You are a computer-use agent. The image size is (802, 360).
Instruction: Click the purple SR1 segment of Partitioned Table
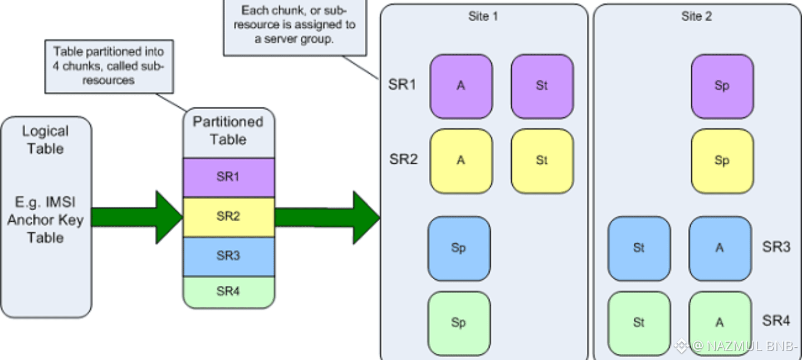(x=228, y=177)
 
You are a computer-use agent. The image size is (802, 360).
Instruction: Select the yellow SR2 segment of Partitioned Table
(x=228, y=217)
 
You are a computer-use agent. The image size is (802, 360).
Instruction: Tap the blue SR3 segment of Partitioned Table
(x=228, y=256)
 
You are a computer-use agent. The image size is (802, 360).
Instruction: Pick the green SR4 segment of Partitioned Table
(x=228, y=291)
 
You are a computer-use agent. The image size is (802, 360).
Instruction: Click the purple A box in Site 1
(x=461, y=86)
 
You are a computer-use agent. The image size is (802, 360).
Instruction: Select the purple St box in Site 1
(x=542, y=86)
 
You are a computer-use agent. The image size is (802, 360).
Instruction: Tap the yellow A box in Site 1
(x=461, y=160)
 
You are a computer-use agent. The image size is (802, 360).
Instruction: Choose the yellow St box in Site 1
(x=542, y=160)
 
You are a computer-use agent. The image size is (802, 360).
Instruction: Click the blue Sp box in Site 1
(x=459, y=248)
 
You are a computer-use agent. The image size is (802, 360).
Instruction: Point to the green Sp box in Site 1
(x=459, y=323)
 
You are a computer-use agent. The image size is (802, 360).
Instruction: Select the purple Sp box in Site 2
(x=722, y=86)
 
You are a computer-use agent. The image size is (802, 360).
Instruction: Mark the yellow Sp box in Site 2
(x=722, y=160)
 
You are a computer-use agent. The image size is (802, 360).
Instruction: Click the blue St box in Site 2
(x=639, y=248)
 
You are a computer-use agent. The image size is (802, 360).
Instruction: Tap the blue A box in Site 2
(x=720, y=248)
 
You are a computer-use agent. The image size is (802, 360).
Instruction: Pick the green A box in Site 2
(x=720, y=323)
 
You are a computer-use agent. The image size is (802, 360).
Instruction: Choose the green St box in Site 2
(x=639, y=323)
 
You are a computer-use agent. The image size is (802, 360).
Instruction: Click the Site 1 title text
(x=483, y=16)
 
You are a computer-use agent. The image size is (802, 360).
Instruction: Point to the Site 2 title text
(x=697, y=16)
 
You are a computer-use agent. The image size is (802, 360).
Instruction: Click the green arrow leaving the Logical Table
(x=136, y=217)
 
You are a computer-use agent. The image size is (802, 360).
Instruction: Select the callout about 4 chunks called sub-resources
(x=109, y=66)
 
